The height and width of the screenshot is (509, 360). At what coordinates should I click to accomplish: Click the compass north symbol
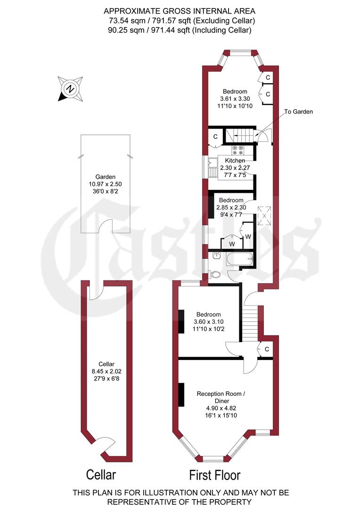point(70,88)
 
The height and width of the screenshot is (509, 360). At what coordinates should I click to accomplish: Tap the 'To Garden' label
point(299,112)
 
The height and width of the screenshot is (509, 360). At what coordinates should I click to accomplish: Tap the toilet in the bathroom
point(215,274)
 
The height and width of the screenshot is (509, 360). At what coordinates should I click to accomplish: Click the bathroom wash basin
point(217,256)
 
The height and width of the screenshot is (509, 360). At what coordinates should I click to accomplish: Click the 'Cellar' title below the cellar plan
point(100,474)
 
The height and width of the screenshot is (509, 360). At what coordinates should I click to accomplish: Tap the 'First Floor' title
point(215,474)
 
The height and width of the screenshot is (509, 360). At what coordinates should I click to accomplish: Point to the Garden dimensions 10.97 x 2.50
point(105,184)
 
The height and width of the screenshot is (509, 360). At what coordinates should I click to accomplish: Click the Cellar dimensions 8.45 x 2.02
point(106,371)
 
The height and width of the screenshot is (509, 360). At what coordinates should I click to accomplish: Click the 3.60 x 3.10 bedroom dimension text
point(208,322)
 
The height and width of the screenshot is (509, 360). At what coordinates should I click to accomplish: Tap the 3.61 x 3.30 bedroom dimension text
point(235,99)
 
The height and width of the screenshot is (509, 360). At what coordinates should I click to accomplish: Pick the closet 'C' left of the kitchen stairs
point(215,137)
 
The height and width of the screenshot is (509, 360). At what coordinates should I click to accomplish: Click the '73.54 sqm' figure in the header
point(124,20)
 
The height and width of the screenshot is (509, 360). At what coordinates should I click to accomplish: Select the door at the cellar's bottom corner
point(105,445)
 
